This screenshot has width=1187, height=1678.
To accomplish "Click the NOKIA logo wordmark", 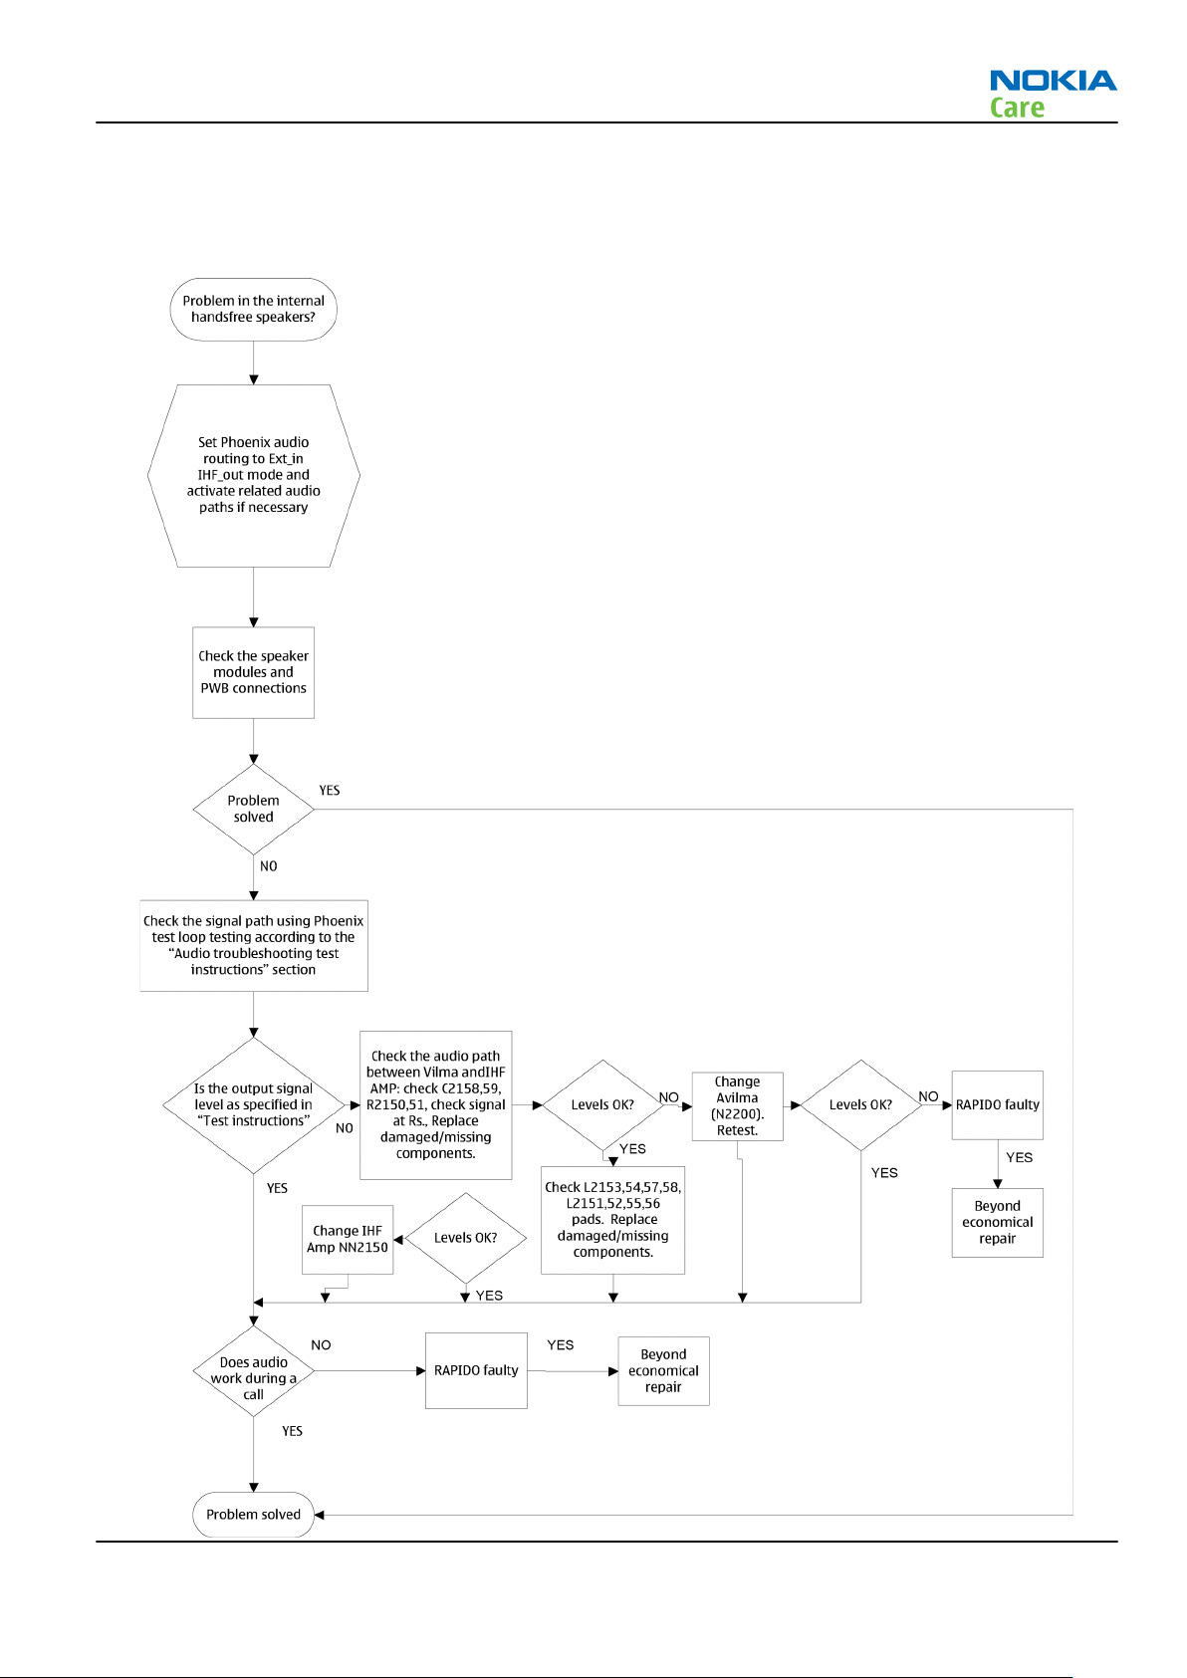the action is click(x=1053, y=80).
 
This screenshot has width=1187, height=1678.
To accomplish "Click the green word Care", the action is click(x=1017, y=108).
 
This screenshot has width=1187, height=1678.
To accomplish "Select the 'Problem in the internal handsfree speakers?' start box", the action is click(x=253, y=310).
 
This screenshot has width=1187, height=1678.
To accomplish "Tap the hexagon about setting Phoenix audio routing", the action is click(x=253, y=476).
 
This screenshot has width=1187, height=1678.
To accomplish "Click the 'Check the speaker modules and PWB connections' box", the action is click(x=253, y=672).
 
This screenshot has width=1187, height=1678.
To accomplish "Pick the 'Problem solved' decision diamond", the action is click(x=253, y=809).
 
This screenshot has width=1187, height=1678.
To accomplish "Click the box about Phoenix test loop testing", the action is click(x=253, y=945).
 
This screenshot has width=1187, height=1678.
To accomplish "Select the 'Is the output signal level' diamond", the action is click(x=253, y=1105).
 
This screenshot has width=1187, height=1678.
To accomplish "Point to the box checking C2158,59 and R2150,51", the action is click(x=436, y=1105).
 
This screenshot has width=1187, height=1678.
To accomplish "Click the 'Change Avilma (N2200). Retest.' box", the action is click(x=738, y=1105).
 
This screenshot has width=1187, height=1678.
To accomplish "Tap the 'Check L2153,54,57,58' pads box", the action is click(x=612, y=1220).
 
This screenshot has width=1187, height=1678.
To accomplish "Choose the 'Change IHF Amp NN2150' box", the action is click(x=348, y=1239).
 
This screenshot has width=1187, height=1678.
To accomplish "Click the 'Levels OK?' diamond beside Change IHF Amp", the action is click(x=466, y=1238).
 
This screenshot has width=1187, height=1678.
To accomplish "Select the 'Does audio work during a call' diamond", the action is click(x=253, y=1371).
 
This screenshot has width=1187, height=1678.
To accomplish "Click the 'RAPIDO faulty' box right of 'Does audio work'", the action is click(x=476, y=1370).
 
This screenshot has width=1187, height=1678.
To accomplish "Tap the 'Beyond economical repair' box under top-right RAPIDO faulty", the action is click(x=998, y=1223).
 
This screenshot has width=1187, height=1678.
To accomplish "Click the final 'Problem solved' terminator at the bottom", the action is click(x=253, y=1514).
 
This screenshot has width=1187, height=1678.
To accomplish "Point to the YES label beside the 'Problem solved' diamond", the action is click(x=330, y=791).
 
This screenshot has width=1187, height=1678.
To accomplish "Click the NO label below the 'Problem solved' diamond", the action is click(x=268, y=866).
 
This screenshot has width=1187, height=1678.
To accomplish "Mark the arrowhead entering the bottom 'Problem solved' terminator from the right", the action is click(x=319, y=1515).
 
